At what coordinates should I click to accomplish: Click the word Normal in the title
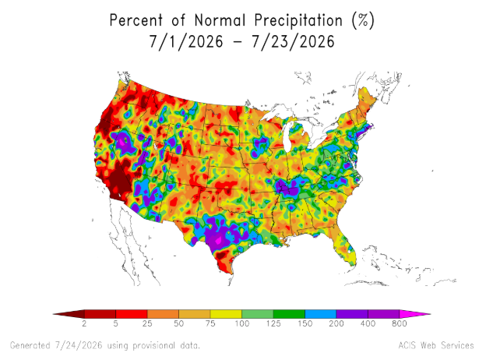coord(220,21)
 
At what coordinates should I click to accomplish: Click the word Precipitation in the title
coord(298,21)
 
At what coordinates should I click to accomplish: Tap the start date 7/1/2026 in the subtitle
coord(186,41)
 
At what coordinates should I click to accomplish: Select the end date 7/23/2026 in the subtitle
coord(294,41)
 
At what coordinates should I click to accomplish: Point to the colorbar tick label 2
coord(84,323)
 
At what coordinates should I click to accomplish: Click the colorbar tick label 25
coord(147,323)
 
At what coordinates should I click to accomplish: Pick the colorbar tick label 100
coord(242,323)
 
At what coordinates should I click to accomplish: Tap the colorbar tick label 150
coord(305,323)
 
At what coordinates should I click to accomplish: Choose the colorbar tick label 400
coord(368,323)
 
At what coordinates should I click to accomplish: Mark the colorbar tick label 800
coord(400,323)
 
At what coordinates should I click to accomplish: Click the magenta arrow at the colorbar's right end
coord(415,314)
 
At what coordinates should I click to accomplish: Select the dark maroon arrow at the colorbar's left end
coord(69,314)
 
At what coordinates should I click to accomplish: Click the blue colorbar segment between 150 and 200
coord(320,314)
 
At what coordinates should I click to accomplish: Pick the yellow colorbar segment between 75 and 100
coord(226,314)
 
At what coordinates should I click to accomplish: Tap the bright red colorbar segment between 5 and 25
coord(132,314)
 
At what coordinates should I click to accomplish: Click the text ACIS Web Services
coord(436,345)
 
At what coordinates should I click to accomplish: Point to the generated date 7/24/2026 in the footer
coord(79,346)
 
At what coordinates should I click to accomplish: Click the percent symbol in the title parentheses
coord(363,21)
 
